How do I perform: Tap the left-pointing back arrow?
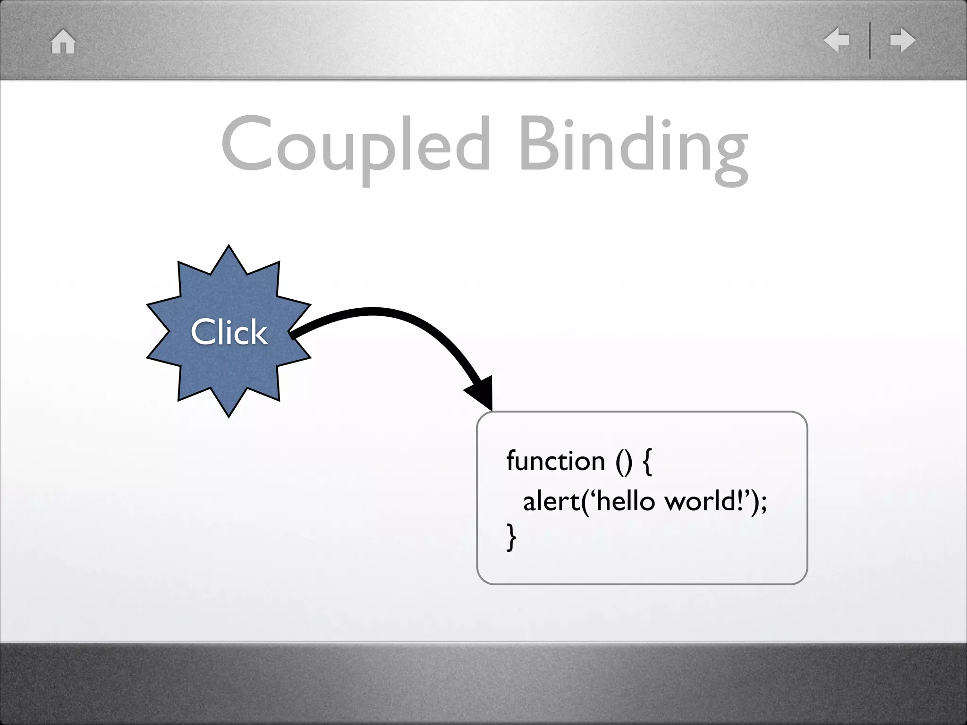click(836, 41)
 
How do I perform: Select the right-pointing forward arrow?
click(902, 41)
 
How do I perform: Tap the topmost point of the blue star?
click(229, 246)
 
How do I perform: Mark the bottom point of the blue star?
click(229, 416)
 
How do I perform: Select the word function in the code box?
click(555, 461)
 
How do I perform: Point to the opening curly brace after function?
click(647, 462)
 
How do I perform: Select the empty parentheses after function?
click(623, 462)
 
